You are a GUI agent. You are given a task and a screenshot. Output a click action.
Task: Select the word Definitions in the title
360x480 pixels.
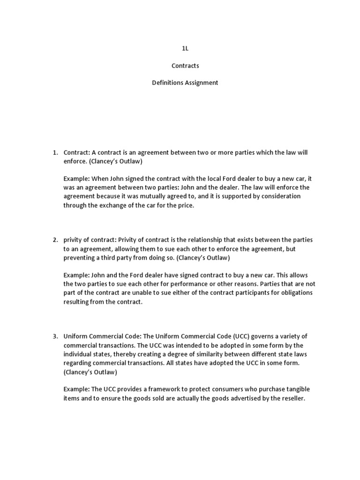click(167, 82)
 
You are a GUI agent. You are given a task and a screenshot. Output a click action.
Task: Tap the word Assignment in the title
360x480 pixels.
click(201, 82)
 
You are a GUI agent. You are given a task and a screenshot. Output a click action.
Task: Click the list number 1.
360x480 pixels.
click(55, 153)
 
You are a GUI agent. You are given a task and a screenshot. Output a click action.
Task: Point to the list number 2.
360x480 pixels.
click(55, 240)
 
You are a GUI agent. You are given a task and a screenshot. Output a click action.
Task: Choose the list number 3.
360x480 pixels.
click(55, 337)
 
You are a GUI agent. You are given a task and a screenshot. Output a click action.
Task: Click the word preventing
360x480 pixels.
click(79, 257)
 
